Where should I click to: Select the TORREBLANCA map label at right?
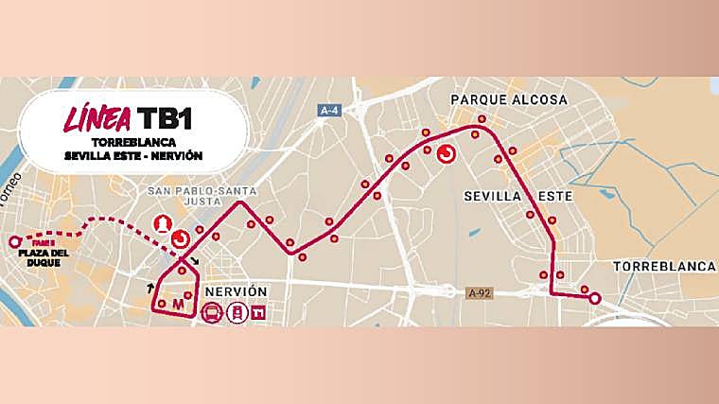664,266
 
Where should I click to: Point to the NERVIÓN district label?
240,291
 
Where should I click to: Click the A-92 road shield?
481,293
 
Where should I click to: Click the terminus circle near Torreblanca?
594,299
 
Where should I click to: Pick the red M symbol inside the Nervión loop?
177,305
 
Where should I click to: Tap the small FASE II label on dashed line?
43,241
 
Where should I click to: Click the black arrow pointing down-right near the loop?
196,261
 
